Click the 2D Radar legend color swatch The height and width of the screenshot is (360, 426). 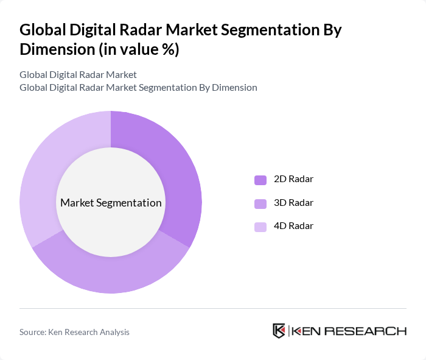click(260, 180)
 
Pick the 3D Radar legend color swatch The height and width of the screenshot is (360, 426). click(260, 203)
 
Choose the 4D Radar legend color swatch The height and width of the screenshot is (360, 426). click(260, 227)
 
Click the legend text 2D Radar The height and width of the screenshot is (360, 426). click(293, 179)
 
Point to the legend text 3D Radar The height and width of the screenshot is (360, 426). click(293, 202)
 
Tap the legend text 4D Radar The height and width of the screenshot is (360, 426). click(293, 226)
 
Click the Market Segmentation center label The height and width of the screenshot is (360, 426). click(111, 203)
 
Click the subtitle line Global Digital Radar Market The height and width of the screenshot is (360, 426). click(78, 74)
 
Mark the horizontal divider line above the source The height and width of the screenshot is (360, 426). click(213, 308)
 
